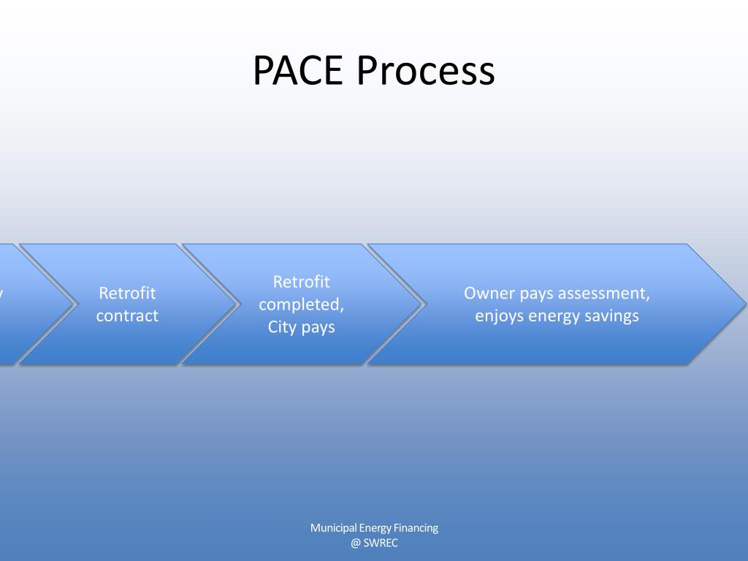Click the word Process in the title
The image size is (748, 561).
point(426,71)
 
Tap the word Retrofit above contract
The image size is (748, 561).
point(127,293)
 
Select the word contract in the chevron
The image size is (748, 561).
point(127,316)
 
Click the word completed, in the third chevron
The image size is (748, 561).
point(301,304)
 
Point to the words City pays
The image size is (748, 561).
point(301,327)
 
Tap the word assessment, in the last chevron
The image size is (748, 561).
point(604,293)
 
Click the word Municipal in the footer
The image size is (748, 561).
point(333,527)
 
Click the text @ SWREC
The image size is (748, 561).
point(374,543)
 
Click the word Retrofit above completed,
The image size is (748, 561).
point(301,281)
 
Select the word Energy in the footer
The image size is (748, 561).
point(375,527)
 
